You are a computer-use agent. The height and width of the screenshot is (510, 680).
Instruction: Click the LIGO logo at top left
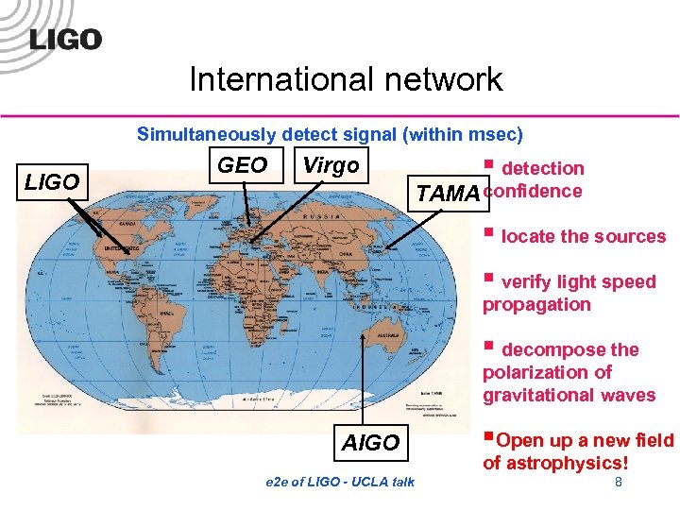tap(65, 41)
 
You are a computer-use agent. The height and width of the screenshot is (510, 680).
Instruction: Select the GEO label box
tap(242, 165)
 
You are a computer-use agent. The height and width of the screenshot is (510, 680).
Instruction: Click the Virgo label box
tap(331, 165)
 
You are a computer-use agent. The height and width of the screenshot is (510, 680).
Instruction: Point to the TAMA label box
tap(448, 195)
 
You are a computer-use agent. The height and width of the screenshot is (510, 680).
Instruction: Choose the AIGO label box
tap(370, 443)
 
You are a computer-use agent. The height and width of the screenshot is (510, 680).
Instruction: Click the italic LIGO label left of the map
tap(52, 182)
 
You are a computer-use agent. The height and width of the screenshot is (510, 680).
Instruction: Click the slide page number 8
tap(618, 483)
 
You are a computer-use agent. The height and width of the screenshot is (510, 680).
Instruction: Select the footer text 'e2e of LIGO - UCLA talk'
tap(341, 483)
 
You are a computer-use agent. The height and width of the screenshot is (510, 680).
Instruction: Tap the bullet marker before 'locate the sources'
tap(488, 232)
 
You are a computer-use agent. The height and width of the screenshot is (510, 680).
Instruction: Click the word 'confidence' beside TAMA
tap(533, 191)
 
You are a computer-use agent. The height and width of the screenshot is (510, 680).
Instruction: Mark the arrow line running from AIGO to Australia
tap(362, 378)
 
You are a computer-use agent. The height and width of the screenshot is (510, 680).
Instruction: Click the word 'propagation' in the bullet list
tap(536, 304)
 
